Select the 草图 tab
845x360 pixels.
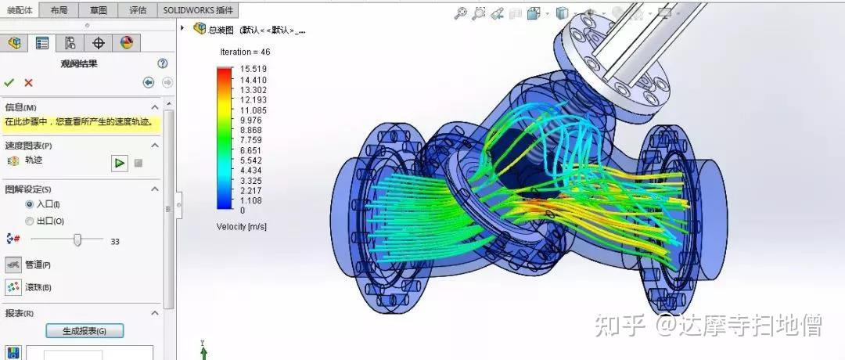tap(99, 10)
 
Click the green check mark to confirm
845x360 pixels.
tap(9, 82)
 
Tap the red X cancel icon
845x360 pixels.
tap(29, 82)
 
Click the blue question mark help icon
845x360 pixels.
tap(163, 63)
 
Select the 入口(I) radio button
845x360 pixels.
tap(30, 204)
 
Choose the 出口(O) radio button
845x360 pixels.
tap(30, 221)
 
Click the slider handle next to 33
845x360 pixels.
tap(77, 240)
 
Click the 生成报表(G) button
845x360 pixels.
tap(84, 331)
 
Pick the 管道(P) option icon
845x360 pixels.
tap(13, 265)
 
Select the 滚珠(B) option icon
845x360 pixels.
tap(13, 287)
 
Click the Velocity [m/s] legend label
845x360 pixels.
tap(243, 226)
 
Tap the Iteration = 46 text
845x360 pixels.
tap(245, 52)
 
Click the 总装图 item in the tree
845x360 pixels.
tap(221, 30)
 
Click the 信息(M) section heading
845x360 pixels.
tap(21, 107)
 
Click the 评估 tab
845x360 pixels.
tap(138, 10)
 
